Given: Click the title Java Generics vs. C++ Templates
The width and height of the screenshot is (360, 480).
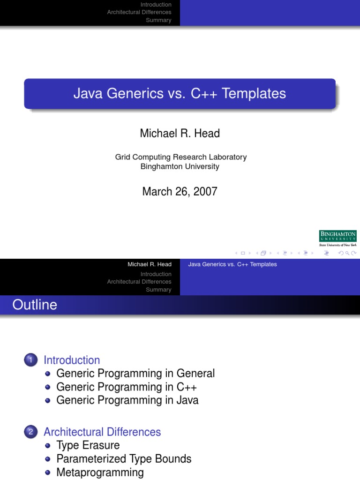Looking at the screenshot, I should click(x=180, y=93).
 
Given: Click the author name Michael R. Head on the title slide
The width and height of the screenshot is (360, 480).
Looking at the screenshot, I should click(x=180, y=133).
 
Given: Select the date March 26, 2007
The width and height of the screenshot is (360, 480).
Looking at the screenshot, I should click(x=180, y=191).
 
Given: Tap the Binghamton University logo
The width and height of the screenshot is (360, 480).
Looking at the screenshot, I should click(x=337, y=238).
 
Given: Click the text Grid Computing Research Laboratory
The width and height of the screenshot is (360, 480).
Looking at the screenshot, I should click(x=180, y=157).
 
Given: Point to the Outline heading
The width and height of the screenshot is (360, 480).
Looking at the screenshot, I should click(x=35, y=305).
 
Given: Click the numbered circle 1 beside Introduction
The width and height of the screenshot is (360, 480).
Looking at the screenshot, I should click(x=30, y=360).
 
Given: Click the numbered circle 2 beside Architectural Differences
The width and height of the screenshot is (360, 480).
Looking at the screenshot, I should click(x=30, y=432).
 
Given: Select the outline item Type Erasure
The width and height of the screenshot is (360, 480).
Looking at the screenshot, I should click(x=88, y=445).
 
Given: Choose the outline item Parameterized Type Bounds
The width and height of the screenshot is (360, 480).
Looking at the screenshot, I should click(x=124, y=459).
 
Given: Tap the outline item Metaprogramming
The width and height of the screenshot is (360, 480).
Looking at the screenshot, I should click(x=100, y=472).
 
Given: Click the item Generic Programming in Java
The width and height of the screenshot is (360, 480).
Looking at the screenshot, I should click(x=127, y=400).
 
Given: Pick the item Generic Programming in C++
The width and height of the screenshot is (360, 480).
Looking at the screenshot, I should click(x=127, y=387).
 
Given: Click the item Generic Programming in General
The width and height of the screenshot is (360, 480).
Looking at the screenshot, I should click(x=135, y=374).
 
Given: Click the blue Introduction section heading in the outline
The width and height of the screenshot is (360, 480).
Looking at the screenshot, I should click(x=72, y=360).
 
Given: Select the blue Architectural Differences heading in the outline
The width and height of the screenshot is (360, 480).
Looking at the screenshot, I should click(x=102, y=432).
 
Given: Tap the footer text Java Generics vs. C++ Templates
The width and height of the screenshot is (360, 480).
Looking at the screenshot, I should click(x=232, y=264).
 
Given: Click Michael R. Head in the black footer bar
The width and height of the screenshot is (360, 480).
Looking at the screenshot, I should click(x=150, y=264).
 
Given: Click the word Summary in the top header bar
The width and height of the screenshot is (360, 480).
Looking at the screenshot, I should click(x=158, y=20).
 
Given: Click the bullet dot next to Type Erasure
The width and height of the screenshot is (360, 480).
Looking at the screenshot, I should click(x=48, y=446).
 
